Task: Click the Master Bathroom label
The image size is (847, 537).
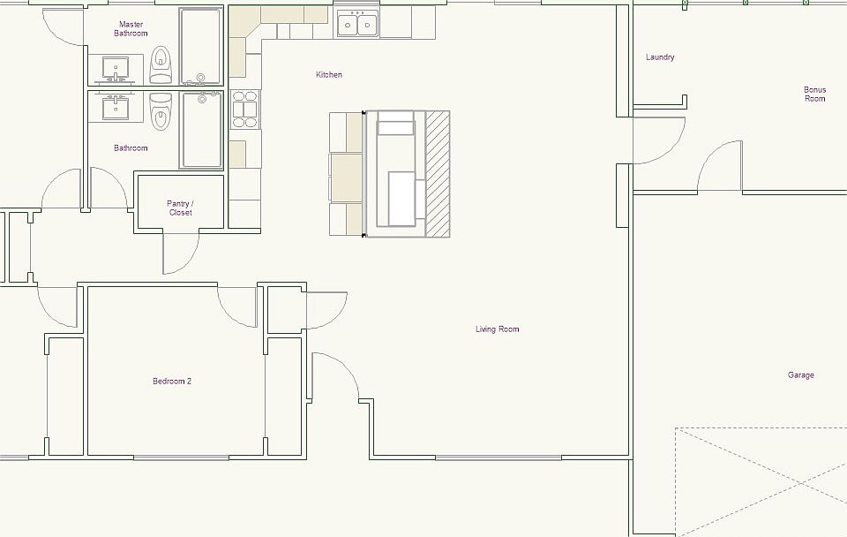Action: point(131,28)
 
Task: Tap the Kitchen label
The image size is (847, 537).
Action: point(329,75)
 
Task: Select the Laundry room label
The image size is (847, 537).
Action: point(660,57)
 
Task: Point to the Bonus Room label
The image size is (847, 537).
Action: point(814,94)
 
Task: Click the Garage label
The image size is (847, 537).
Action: point(800,375)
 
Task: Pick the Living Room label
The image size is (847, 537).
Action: point(497,329)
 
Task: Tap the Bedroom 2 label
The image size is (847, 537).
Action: point(172,382)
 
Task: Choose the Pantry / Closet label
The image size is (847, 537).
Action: point(180,208)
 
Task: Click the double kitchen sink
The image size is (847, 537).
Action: point(357,24)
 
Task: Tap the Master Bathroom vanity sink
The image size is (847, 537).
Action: point(115,67)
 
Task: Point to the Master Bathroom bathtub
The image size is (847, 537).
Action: point(201,44)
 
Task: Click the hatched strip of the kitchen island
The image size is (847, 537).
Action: point(438,173)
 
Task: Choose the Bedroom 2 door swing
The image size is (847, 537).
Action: point(236,307)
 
